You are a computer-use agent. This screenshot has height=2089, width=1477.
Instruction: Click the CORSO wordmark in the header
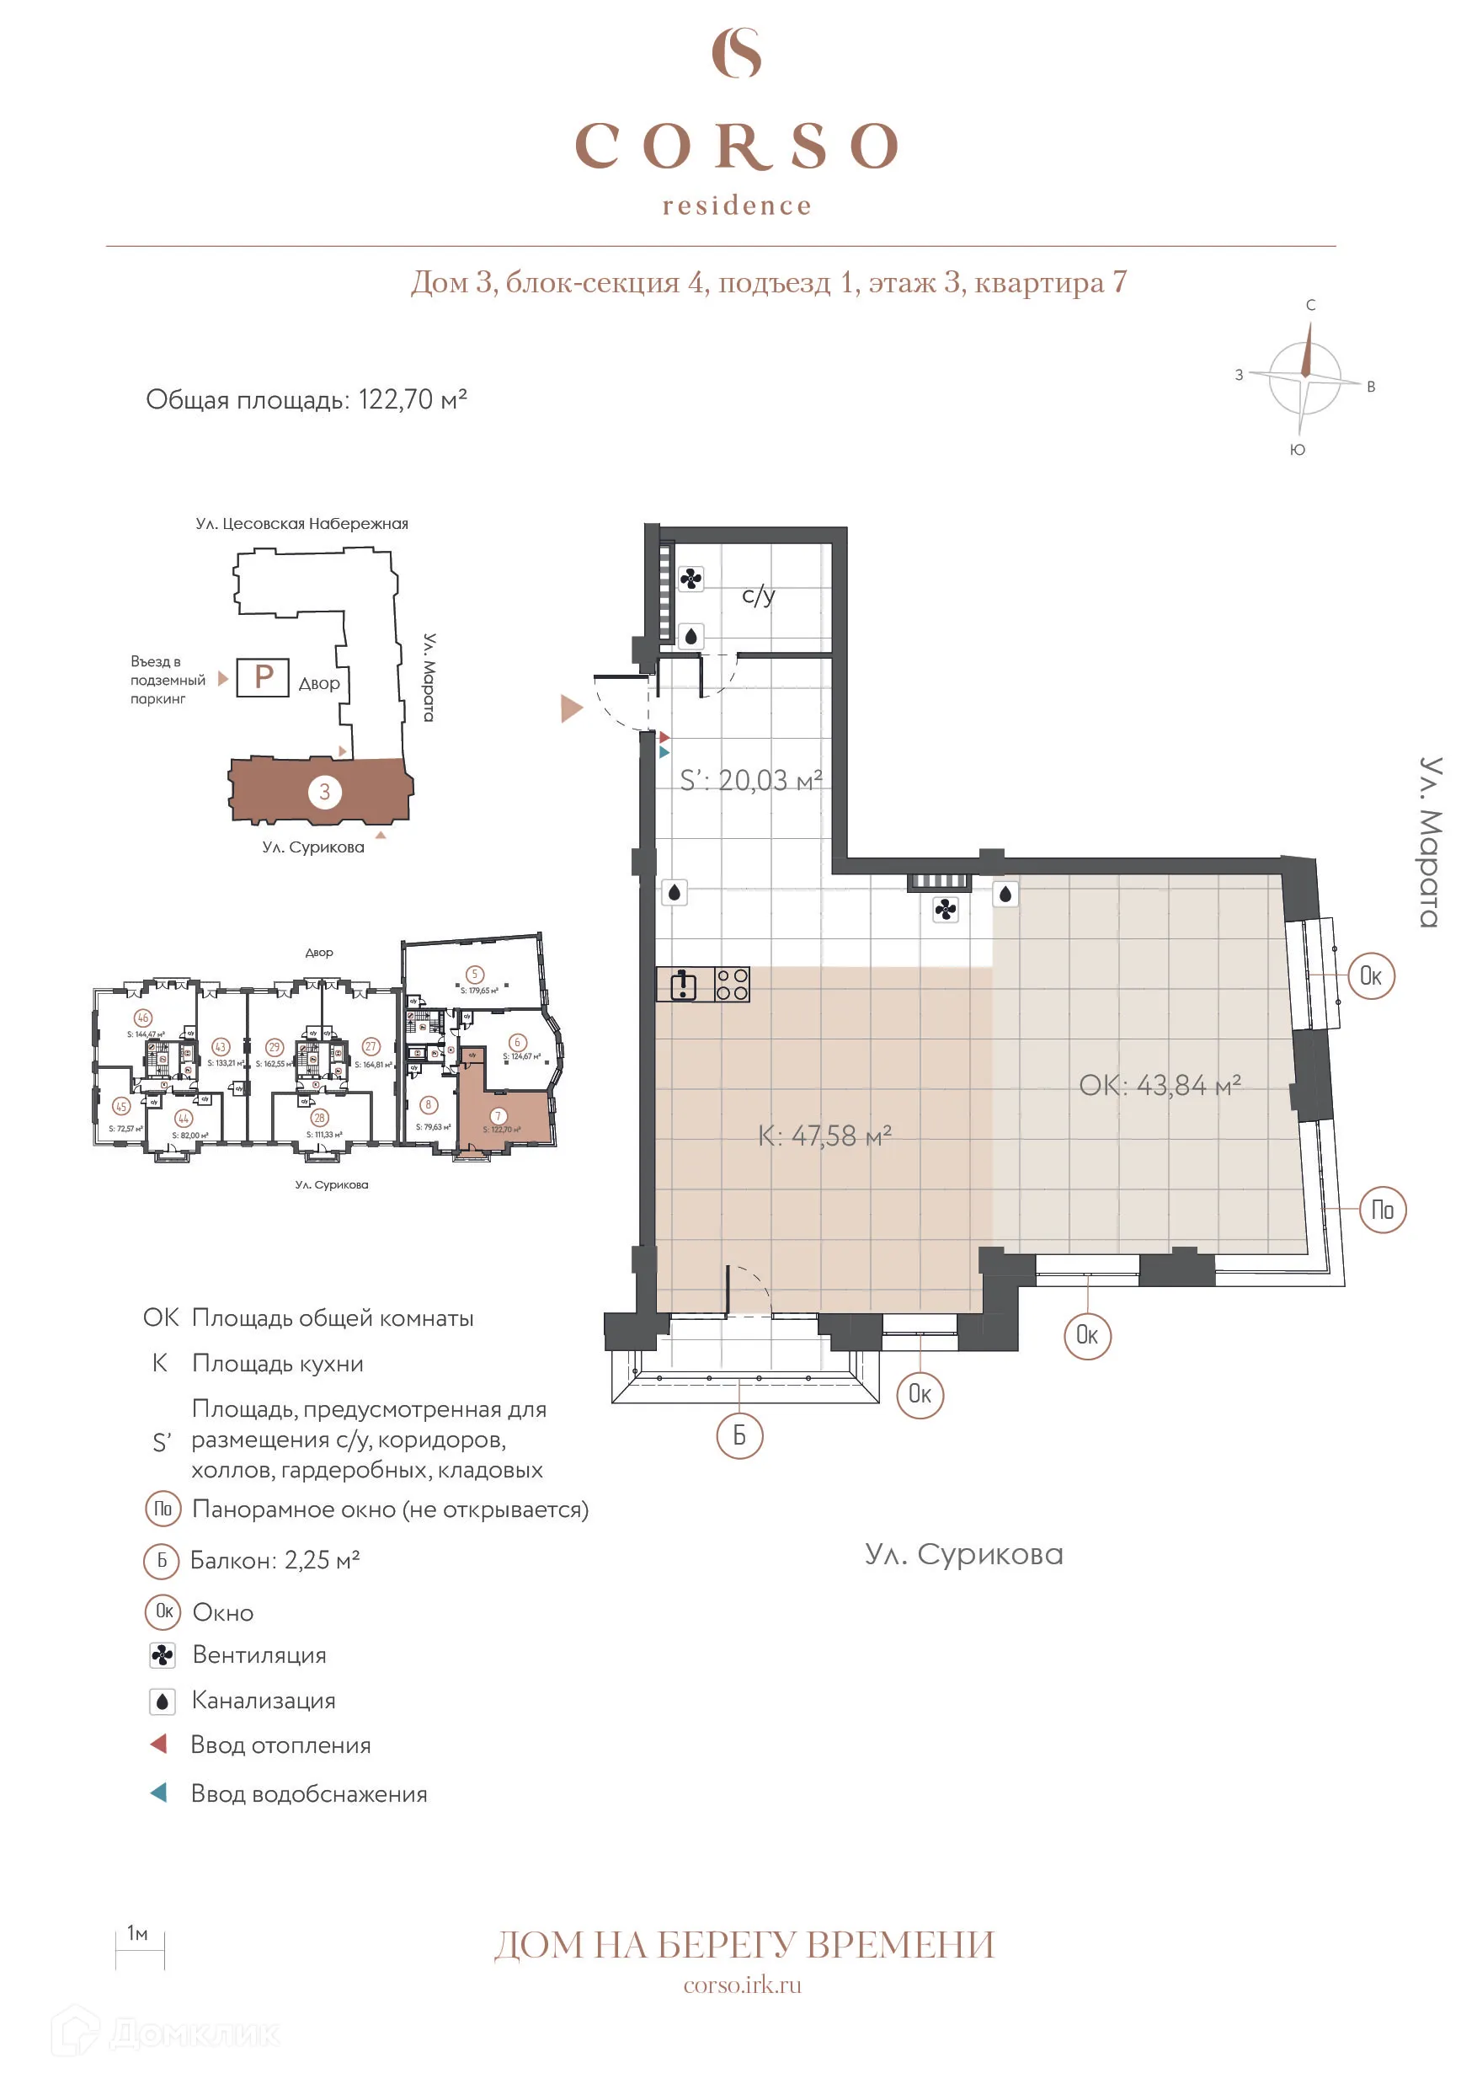coord(738,147)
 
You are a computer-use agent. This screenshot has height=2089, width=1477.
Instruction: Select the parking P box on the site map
coord(263,677)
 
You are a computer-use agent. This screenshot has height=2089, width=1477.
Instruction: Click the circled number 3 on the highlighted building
coord(325,792)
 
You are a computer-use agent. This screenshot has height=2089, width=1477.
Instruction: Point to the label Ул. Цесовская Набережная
coord(302,524)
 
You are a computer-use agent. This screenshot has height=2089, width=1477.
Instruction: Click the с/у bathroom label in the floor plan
coord(759,595)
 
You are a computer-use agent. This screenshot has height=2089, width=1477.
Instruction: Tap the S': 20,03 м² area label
coord(751,780)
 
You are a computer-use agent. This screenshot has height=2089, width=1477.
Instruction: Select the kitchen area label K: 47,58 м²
coord(825,1135)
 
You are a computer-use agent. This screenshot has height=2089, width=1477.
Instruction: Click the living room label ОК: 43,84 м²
coord(1160,1086)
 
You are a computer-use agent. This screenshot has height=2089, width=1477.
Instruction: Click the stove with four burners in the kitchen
coord(732,985)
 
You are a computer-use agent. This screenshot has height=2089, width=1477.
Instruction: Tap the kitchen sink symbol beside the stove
coord(684,985)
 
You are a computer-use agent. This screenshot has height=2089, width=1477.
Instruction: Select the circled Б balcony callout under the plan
coord(739,1435)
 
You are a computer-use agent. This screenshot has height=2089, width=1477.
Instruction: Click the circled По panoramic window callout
coord(1383,1210)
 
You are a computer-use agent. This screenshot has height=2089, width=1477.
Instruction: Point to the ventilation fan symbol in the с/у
coord(691,580)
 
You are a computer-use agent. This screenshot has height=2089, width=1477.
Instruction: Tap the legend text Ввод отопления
coord(280,1745)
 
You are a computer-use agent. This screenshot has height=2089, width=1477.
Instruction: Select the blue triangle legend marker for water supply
coord(159,1793)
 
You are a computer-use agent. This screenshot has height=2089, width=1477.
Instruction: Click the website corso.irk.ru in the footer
coord(742,1985)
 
